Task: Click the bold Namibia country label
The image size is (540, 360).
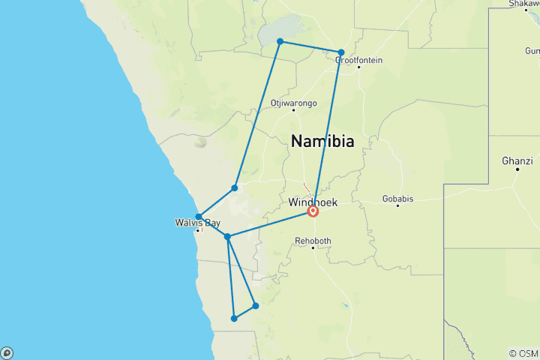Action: tap(322, 141)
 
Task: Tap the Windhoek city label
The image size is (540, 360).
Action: tap(313, 202)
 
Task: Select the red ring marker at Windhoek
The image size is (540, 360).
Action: tap(313, 212)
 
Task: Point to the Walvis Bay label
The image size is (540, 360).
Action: tap(196, 223)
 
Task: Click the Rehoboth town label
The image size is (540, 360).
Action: tap(313, 241)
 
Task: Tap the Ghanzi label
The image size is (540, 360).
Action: tap(517, 160)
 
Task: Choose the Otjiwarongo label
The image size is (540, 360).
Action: tap(293, 102)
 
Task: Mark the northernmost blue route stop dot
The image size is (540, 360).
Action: tap(280, 41)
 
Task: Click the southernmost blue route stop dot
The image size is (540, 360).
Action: tap(235, 319)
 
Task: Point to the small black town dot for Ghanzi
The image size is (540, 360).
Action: tap(517, 169)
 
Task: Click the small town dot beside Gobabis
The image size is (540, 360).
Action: tap(418, 199)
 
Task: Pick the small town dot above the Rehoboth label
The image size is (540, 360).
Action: tap(313, 248)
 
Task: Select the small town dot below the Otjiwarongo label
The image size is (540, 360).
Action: tap(293, 110)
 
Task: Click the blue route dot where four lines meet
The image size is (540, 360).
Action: tap(227, 237)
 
